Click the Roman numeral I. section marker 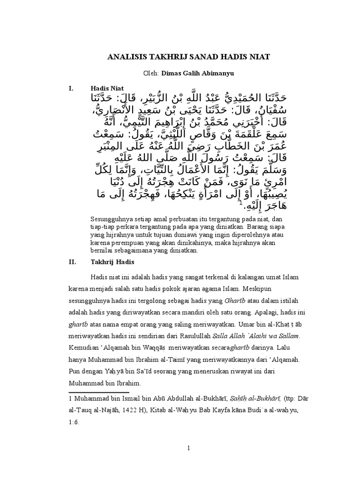coord(72,88)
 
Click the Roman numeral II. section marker coord(73,262)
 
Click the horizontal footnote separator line coord(99,391)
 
